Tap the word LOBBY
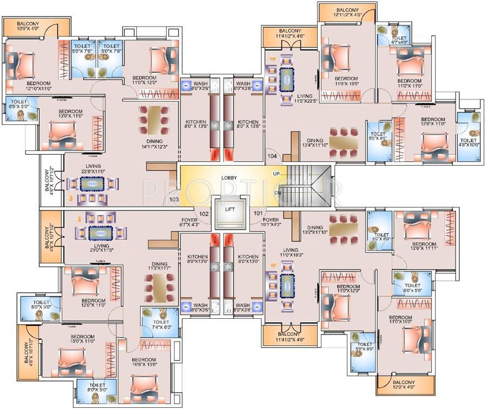click(230, 178)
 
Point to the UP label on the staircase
click(276, 174)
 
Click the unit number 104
click(272, 156)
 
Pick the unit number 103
click(174, 199)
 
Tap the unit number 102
click(204, 213)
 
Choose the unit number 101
click(257, 213)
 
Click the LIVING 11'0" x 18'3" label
click(290, 253)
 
